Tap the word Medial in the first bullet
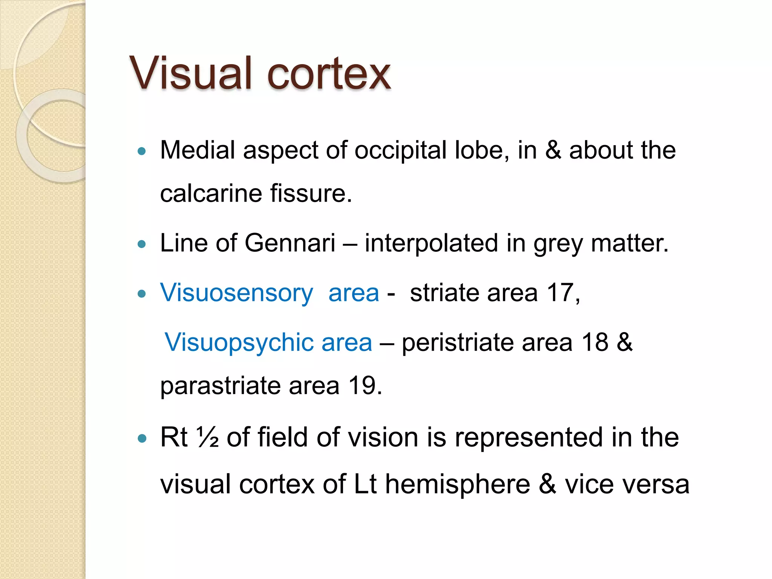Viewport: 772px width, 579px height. point(198,150)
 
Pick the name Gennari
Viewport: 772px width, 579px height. point(290,243)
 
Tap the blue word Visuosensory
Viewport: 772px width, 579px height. point(236,293)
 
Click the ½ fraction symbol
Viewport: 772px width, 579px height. point(207,437)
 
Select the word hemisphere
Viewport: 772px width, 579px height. point(457,484)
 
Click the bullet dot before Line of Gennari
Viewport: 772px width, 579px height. point(142,244)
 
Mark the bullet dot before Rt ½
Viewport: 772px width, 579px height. point(142,438)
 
